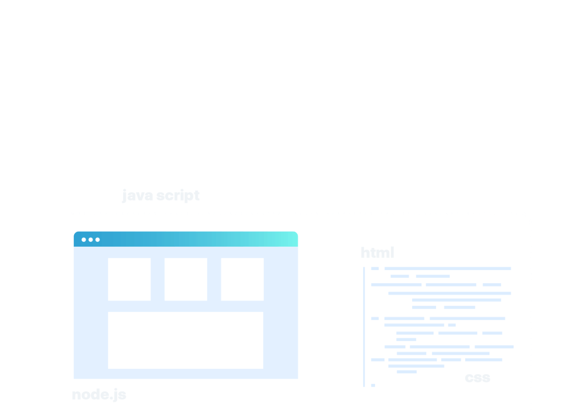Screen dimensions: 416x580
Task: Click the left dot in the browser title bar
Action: [x=84, y=240]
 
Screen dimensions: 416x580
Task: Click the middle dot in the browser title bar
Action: [x=91, y=240]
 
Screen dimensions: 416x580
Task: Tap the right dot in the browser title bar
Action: [x=97, y=240]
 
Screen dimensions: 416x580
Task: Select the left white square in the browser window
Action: [x=129, y=279]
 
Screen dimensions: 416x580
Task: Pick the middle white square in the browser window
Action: [x=186, y=279]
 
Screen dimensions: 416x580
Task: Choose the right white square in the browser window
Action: [x=242, y=279]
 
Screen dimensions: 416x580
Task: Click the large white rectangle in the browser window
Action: [x=185, y=340]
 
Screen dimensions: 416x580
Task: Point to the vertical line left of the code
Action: [x=364, y=327]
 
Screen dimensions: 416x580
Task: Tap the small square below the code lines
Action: [x=373, y=385]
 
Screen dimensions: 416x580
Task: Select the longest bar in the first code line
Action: [x=448, y=269]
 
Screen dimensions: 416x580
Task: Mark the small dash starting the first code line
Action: [x=375, y=269]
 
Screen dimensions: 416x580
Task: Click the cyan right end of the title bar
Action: [x=287, y=239]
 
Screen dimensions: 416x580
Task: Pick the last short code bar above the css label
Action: [x=407, y=372]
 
